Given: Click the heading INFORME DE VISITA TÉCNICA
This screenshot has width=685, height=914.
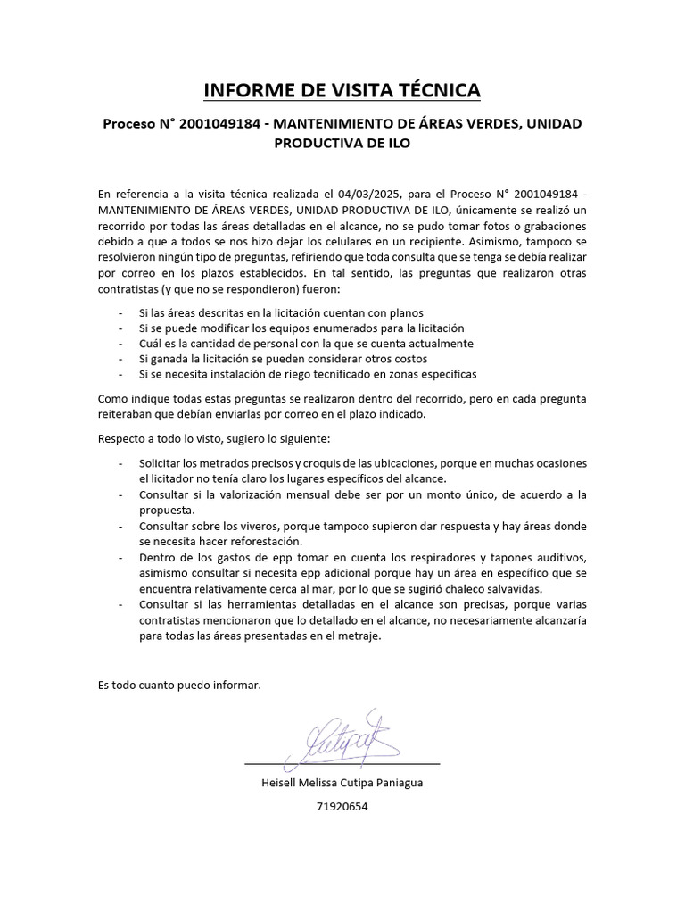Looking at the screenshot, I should coord(342,90).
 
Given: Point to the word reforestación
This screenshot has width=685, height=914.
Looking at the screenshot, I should coord(278,541).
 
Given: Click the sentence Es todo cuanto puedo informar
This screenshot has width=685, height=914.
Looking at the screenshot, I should coord(179,685).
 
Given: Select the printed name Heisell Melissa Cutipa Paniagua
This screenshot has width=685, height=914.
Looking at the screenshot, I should coord(342,783).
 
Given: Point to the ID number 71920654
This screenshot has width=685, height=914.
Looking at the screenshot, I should coord(342,806).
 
